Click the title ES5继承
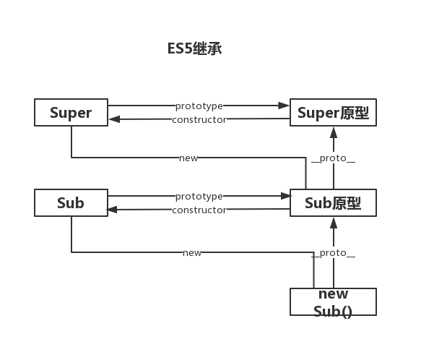(195, 48)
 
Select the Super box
(71, 112)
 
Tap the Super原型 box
(333, 112)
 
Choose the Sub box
(71, 202)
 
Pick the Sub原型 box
(333, 202)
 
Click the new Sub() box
(333, 301)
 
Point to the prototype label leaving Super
(199, 106)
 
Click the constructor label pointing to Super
(199, 120)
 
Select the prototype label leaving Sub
(199, 197)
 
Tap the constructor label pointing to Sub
(199, 210)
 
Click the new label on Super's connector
(188, 158)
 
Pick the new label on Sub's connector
(192, 253)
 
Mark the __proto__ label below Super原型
(333, 158)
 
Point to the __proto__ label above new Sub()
(333, 253)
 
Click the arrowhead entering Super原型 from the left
(284, 106)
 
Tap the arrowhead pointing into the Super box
(114, 119)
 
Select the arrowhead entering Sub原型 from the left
(286, 196)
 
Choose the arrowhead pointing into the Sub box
(112, 210)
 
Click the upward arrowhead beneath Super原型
(334, 132)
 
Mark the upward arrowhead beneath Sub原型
(334, 223)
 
